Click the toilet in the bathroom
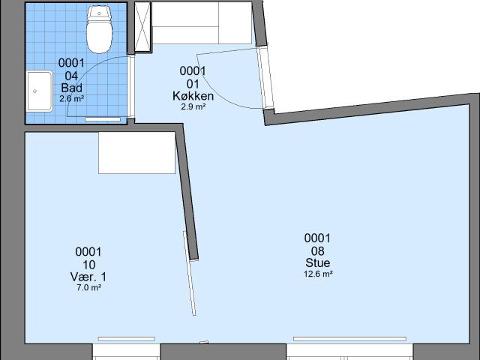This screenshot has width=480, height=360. [99, 30]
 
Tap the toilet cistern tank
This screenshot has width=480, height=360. [99, 13]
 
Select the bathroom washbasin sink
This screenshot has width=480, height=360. [40, 91]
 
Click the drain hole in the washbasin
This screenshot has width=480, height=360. [35, 91]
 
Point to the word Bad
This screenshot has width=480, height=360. [72, 88]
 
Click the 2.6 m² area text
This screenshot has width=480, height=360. [72, 98]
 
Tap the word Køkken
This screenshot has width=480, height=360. [193, 96]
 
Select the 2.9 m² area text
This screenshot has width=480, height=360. [193, 106]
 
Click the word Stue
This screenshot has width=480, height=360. [318, 262]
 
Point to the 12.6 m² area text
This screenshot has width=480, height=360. [318, 274]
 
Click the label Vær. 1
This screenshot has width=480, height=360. [88, 277]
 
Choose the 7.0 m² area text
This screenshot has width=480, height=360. [88, 287]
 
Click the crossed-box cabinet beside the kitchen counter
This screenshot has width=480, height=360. [143, 27]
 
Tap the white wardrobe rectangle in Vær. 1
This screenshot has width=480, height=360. [136, 153]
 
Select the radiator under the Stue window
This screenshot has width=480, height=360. [349, 338]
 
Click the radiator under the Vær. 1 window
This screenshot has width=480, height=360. [127, 338]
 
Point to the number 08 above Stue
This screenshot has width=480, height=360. [318, 251]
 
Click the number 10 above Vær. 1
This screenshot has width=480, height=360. [88, 265]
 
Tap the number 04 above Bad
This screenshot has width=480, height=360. [71, 76]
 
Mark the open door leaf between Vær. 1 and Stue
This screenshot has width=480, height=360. [190, 273]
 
